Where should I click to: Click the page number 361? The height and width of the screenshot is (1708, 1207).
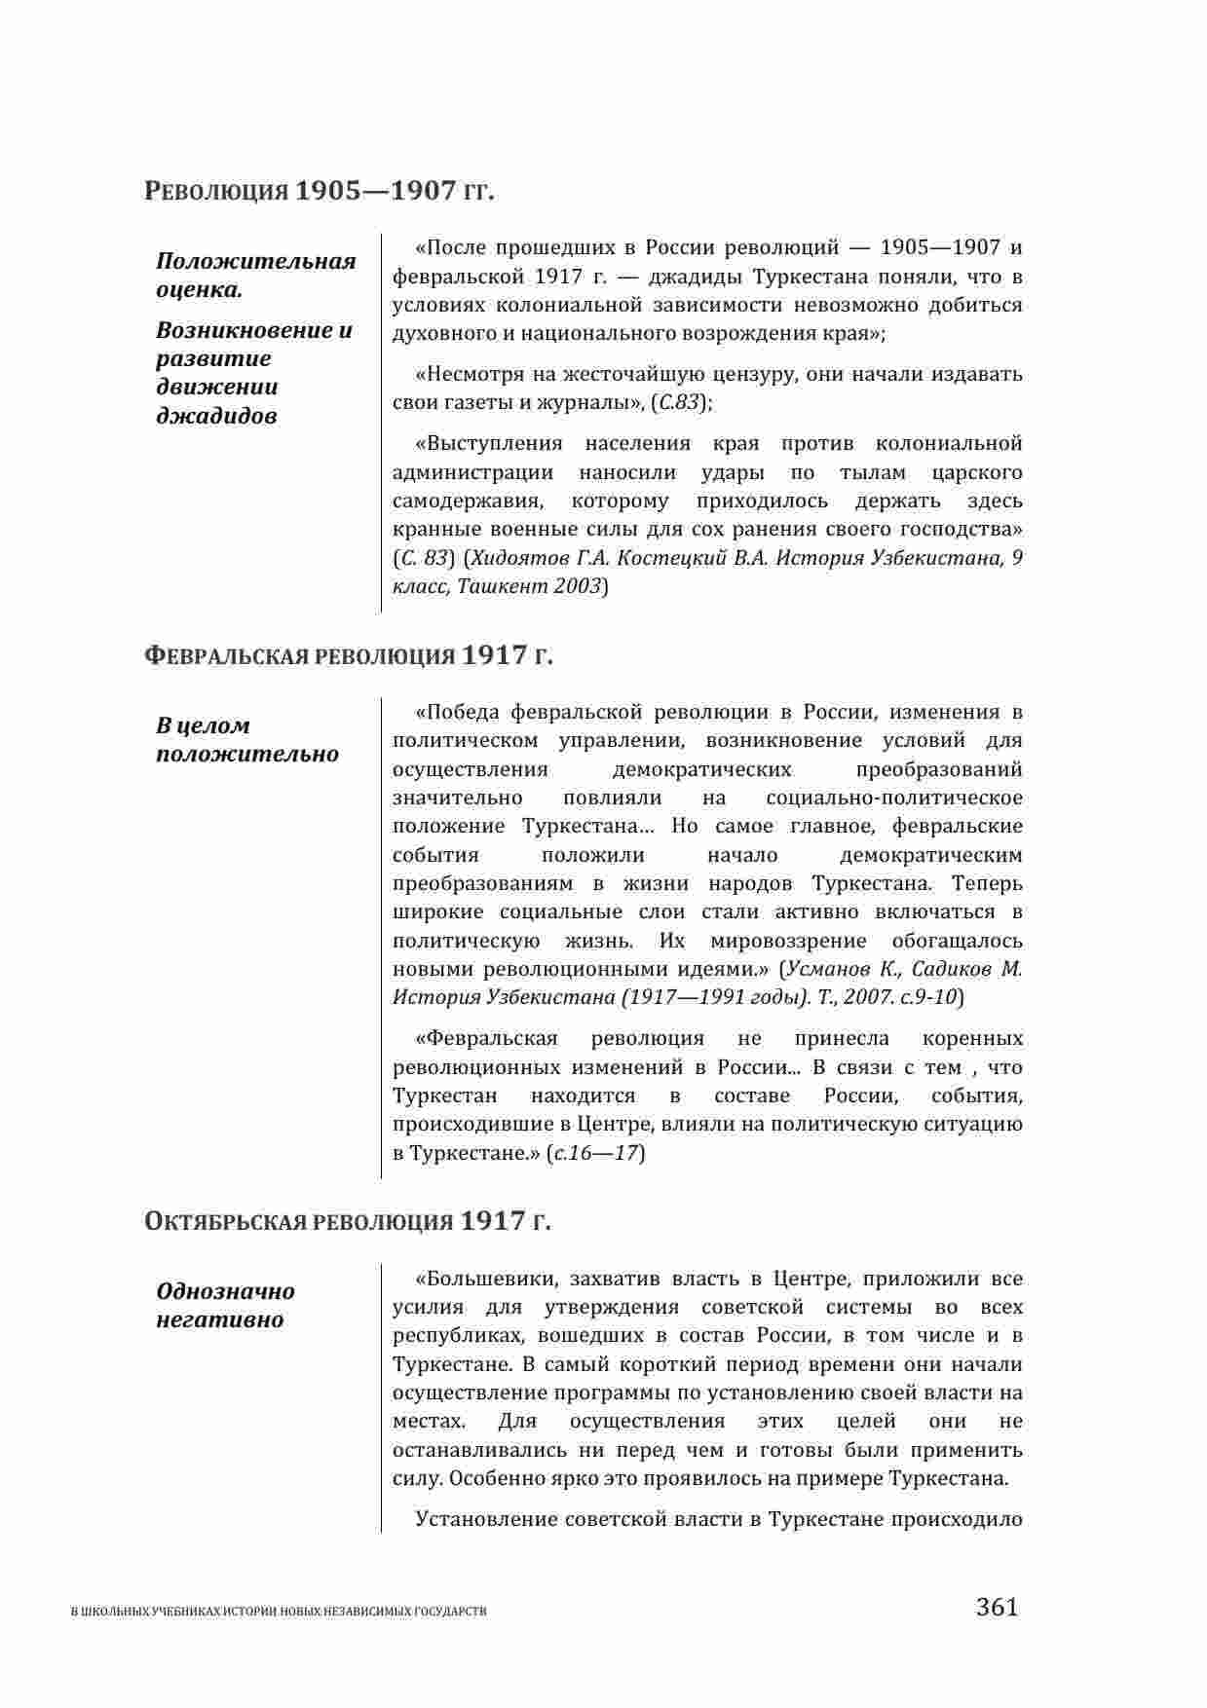997,1606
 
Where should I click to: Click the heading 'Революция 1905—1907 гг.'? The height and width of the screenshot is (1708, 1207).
320,191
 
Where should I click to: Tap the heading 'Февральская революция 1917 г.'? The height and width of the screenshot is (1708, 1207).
348,655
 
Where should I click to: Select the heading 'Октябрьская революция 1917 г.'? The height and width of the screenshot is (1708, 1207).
347,1221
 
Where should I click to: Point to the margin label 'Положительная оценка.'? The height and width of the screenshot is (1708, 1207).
255,276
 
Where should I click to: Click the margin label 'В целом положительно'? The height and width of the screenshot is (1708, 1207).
247,739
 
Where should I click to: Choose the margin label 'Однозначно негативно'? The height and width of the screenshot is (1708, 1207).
226,1305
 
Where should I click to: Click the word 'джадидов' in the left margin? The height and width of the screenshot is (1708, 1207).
216,416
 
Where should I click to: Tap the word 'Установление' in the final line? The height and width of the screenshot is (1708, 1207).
486,1518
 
